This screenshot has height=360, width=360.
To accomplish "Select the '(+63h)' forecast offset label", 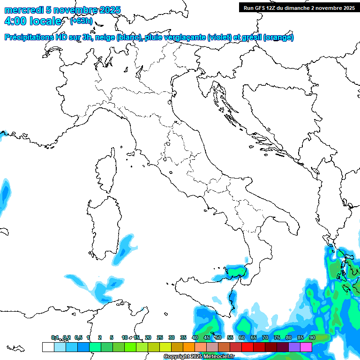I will (81, 21).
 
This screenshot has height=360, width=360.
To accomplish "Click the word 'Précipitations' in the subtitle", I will (30, 37).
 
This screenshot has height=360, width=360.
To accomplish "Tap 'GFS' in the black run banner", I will (260, 7).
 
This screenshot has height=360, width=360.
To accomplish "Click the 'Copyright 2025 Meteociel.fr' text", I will (199, 357).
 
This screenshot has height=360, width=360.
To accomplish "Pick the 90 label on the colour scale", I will (312, 337).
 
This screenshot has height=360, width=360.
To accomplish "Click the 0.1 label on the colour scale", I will (55, 337).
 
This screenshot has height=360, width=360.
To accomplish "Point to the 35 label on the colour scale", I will (183, 337).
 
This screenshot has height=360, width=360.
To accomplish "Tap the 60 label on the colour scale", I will (242, 337).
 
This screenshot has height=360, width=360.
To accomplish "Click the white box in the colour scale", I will (48, 347).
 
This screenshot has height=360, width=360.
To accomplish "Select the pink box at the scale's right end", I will (306, 347).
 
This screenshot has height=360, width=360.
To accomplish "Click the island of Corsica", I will (105, 171).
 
